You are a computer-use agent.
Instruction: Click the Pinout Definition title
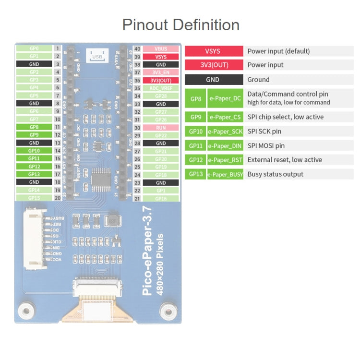(180, 24)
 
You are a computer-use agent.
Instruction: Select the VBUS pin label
(161, 48)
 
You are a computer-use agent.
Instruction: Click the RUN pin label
(161, 128)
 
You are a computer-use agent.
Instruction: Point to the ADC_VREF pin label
(161, 88)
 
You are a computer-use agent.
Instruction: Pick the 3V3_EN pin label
(161, 72)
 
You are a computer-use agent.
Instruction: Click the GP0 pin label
(34, 48)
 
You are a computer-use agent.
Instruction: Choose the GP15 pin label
(34, 198)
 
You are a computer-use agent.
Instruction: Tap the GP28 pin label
(161, 96)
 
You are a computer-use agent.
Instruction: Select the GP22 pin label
(161, 135)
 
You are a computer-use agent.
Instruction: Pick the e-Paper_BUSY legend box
(225, 174)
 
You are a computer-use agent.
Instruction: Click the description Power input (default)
(278, 51)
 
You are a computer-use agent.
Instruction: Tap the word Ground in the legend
(258, 80)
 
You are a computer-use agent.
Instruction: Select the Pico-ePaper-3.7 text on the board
(148, 250)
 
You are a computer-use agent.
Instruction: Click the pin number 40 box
(137, 48)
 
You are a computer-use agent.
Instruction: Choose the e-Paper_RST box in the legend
(225, 160)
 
